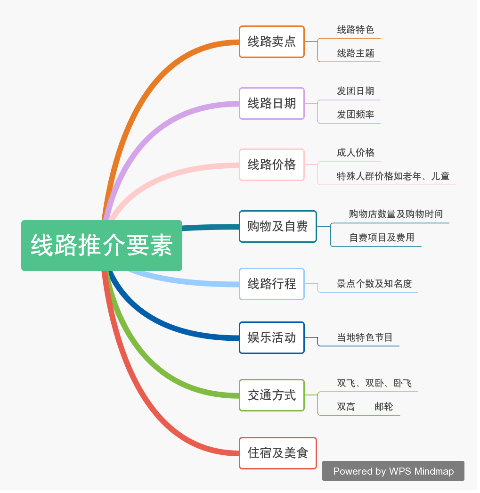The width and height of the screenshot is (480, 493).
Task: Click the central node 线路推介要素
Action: click(101, 246)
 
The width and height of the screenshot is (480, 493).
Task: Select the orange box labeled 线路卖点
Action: click(272, 42)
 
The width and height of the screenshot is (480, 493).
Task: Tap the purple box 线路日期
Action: click(272, 103)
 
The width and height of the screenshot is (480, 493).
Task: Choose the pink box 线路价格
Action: click(272, 164)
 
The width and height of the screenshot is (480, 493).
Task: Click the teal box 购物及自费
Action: click(278, 226)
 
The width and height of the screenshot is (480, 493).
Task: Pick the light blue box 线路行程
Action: click(272, 284)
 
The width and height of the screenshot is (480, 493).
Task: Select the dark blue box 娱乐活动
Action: click(272, 337)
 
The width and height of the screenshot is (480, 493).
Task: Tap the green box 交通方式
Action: click(272, 395)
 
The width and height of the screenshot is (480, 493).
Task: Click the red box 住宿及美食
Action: click(278, 453)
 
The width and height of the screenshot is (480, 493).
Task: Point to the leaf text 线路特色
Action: click(356, 30)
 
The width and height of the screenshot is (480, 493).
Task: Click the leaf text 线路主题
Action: click(356, 53)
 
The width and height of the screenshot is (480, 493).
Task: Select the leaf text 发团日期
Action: click(356, 91)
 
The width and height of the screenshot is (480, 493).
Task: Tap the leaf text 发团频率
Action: click(356, 115)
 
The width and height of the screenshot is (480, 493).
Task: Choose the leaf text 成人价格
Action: click(356, 152)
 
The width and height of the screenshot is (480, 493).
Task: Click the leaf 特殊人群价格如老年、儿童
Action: click(393, 176)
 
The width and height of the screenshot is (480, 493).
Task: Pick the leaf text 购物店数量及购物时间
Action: click(396, 214)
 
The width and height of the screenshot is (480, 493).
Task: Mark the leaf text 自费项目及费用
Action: click(382, 238)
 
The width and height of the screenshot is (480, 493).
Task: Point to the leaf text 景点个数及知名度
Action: click(374, 284)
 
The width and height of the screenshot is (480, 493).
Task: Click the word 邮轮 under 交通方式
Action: click(383, 407)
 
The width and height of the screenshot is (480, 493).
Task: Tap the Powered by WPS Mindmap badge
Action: click(393, 471)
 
